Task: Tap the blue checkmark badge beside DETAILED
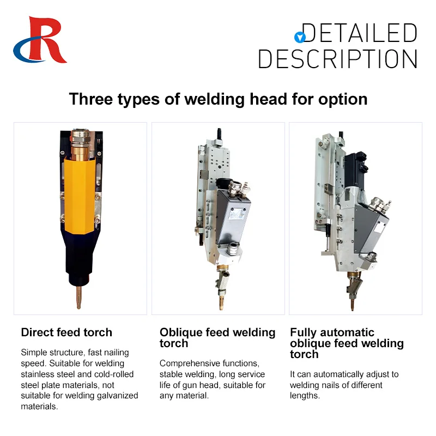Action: [299, 37]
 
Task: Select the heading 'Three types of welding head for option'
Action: [218, 99]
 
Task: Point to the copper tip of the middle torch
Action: [222, 300]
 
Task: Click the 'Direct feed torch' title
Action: [66, 332]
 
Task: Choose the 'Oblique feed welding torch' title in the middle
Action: [217, 338]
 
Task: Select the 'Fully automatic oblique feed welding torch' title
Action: [347, 343]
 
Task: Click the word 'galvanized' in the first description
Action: [116, 396]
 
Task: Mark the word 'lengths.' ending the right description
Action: [306, 396]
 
